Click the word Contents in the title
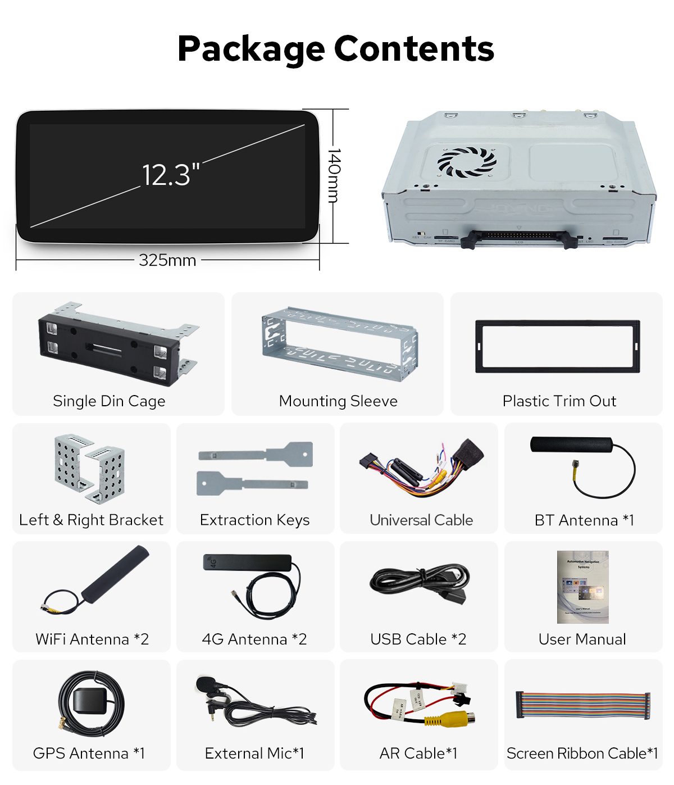pyautogui.click(x=414, y=49)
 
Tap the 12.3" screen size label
pyautogui.click(x=170, y=175)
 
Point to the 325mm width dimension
pyautogui.click(x=167, y=260)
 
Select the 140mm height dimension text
pyautogui.click(x=334, y=175)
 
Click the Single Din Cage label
pyautogui.click(x=109, y=401)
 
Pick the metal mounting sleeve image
pyautogui.click(x=339, y=343)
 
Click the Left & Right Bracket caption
pyautogui.click(x=91, y=520)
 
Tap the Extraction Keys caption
pyautogui.click(x=254, y=520)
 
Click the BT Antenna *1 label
pyautogui.click(x=584, y=520)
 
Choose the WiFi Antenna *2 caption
pyautogui.click(x=92, y=639)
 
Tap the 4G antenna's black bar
pyautogui.click(x=247, y=562)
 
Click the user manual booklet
pyautogui.click(x=582, y=587)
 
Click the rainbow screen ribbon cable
pyautogui.click(x=583, y=705)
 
